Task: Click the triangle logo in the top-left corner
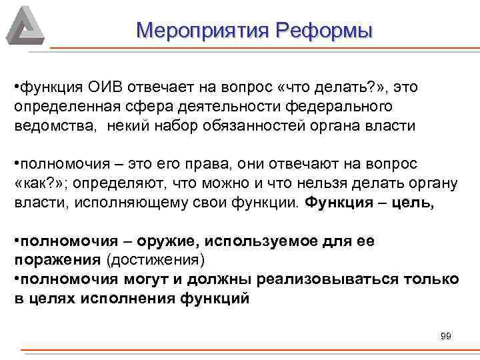point(25,25)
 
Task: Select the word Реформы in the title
point(325,30)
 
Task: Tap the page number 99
point(446,336)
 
